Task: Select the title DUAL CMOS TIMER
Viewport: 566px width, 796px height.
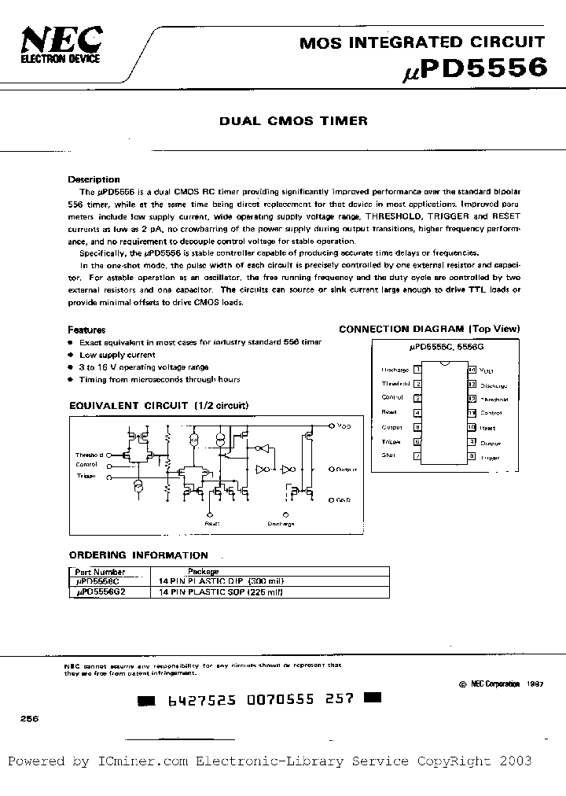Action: point(292,121)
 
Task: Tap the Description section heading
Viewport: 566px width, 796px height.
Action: point(94,179)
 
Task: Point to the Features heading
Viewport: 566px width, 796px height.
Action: point(86,330)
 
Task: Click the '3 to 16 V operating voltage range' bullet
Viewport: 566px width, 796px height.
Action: point(144,367)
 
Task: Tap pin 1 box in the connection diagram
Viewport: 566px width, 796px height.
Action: point(417,369)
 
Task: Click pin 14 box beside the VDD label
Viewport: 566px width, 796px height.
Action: point(471,369)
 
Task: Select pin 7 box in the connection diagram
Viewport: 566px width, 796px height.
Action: point(417,455)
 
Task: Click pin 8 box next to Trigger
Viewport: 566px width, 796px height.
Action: point(471,455)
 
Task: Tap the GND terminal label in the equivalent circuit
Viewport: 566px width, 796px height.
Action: point(344,499)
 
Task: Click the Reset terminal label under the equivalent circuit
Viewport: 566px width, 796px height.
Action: point(212,522)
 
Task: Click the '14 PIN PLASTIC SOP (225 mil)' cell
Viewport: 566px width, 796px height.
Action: point(221,591)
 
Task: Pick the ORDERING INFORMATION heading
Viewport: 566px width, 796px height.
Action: point(138,555)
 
